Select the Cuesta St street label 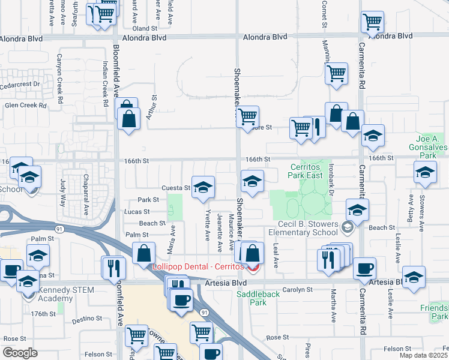click(177, 188)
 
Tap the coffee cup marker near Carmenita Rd click(364, 269)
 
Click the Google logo click(20, 353)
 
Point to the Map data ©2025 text click(424, 356)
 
